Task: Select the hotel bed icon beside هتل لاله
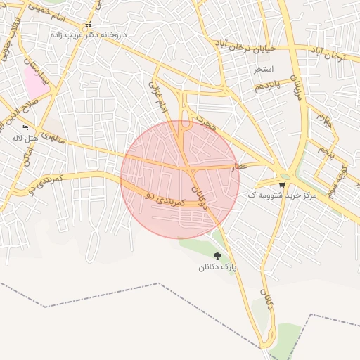click(x=25, y=128)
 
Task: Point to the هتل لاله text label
click(x=23, y=138)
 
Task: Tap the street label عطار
click(x=241, y=167)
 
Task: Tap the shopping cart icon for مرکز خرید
click(x=282, y=185)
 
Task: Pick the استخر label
click(x=264, y=70)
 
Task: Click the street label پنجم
click(x=325, y=149)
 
